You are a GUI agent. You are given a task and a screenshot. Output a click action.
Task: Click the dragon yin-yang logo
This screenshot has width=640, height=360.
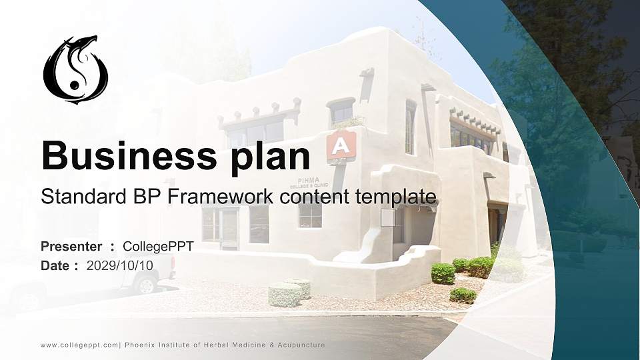(75, 69)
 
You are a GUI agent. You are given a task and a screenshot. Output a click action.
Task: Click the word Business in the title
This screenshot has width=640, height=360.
(129, 155)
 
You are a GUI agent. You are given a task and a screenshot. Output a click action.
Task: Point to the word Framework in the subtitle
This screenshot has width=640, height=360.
(219, 196)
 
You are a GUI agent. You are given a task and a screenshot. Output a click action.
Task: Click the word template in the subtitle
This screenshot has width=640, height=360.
(395, 197)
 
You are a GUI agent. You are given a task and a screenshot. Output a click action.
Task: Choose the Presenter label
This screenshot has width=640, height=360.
(71, 247)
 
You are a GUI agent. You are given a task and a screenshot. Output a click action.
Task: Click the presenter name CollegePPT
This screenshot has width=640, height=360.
(159, 247)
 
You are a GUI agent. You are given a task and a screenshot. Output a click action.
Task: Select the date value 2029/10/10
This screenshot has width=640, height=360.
(119, 266)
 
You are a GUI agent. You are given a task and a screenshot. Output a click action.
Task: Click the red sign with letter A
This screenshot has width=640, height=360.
(341, 146)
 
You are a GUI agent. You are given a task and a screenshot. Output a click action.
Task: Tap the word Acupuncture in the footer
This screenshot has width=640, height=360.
(301, 345)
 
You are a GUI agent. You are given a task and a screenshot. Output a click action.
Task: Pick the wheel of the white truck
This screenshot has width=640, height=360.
(146, 284)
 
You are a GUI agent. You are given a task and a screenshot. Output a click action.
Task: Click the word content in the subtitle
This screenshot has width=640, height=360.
(314, 197)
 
